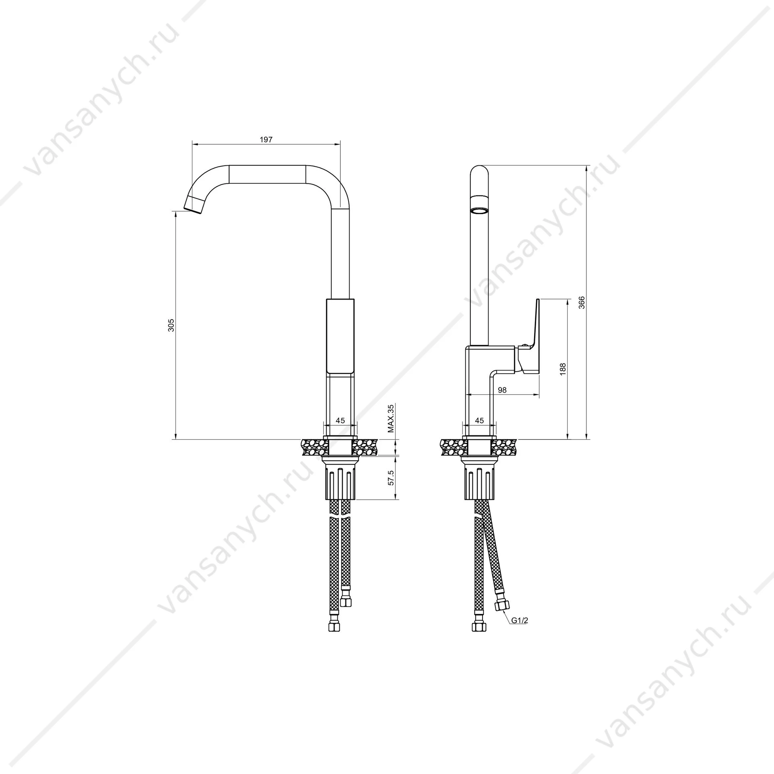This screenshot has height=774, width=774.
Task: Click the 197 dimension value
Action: tap(266, 139)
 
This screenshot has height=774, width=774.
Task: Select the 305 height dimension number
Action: tap(171, 325)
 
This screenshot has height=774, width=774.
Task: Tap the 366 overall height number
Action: tap(581, 302)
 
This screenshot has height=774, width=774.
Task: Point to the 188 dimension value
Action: tap(563, 369)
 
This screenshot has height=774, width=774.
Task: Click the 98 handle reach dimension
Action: tap(502, 390)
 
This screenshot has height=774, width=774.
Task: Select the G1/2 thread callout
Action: tap(520, 632)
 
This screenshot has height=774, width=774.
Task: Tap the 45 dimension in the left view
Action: tap(340, 420)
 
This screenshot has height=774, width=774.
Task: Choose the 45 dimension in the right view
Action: tap(479, 420)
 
